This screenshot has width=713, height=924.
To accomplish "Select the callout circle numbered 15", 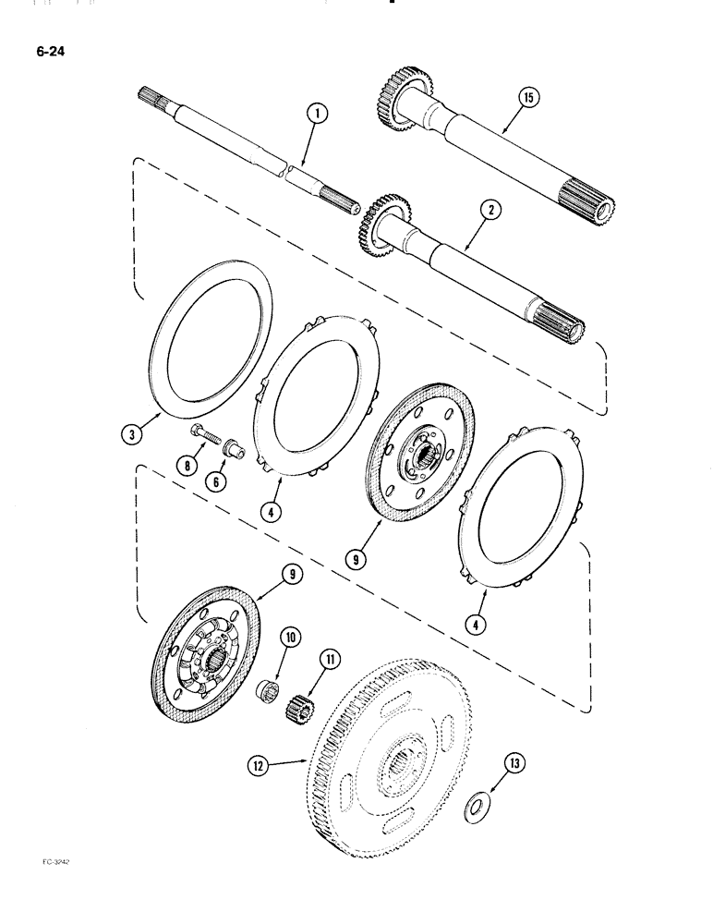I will coord(527,96).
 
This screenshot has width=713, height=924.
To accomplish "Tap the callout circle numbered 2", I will coord(491,211).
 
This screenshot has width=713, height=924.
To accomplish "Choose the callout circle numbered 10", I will coord(290,637).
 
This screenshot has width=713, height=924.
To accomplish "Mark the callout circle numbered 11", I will coord(330,659).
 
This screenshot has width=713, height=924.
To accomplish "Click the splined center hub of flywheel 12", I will coord(405,765).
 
